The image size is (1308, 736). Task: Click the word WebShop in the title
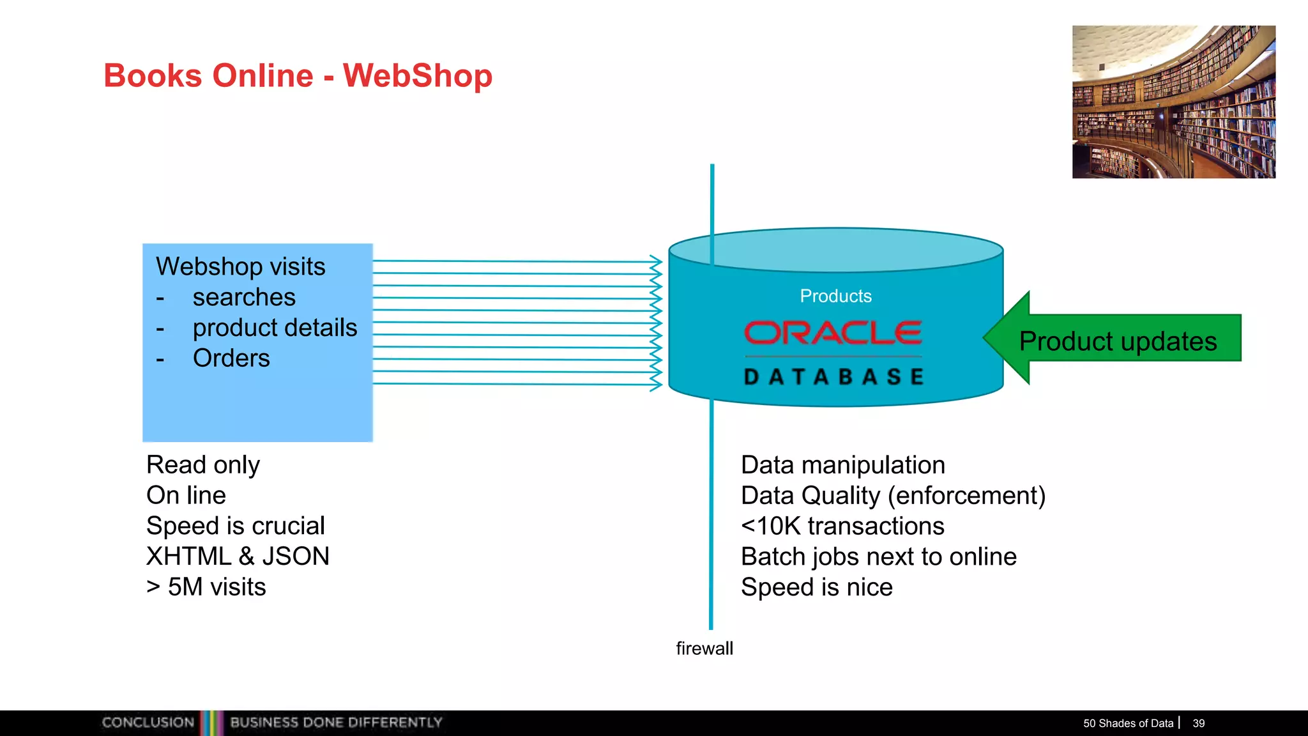[x=418, y=75]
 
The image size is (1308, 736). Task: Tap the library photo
[x=1173, y=102]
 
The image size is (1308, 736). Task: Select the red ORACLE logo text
[x=833, y=333]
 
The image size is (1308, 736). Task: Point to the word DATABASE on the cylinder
[x=834, y=377]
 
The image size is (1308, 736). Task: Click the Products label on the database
[x=835, y=296]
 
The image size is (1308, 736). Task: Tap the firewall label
[x=704, y=648]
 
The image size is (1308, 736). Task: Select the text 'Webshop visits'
[x=240, y=266]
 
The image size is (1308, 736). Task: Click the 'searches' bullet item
[x=244, y=297]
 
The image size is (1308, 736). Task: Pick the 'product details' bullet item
[x=275, y=328]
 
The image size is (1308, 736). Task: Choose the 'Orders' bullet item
[x=231, y=358]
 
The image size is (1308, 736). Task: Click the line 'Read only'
[x=203, y=465]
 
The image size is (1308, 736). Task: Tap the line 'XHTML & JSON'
[x=238, y=556]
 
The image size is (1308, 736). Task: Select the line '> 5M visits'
[x=206, y=587]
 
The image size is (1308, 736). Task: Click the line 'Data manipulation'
[x=842, y=465]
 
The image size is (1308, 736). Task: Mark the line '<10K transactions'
[x=842, y=526]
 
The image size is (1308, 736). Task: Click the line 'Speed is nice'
[x=816, y=587]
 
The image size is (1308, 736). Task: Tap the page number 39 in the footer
[x=1198, y=723]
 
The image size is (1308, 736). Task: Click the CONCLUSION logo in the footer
[x=148, y=723]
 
